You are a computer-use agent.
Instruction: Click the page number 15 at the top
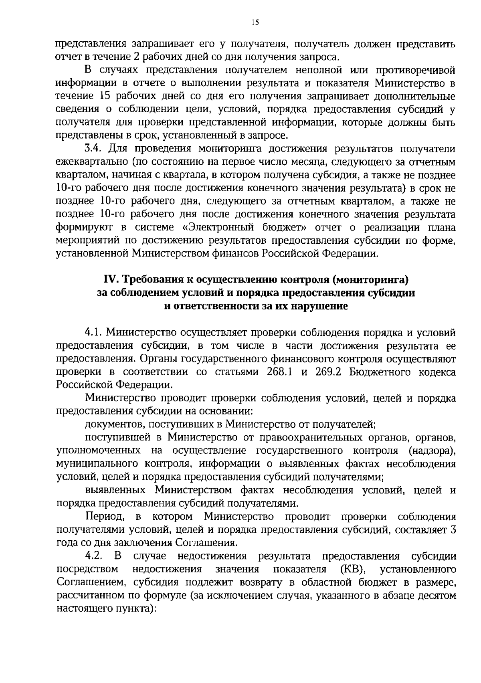[255, 23]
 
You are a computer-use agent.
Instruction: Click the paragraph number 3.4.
[94, 149]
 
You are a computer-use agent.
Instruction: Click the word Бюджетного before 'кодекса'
[379, 372]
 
